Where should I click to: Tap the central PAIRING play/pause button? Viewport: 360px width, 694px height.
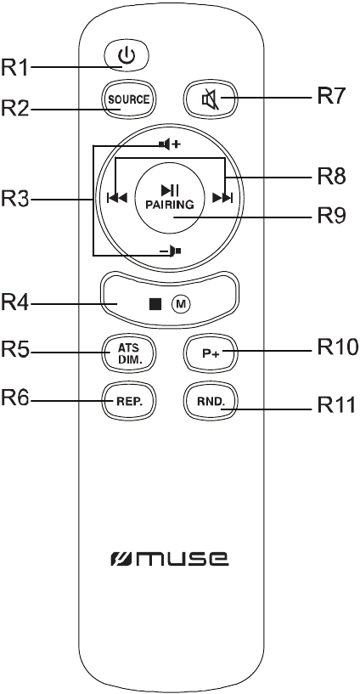169,198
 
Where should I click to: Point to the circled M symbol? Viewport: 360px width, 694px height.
180,303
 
